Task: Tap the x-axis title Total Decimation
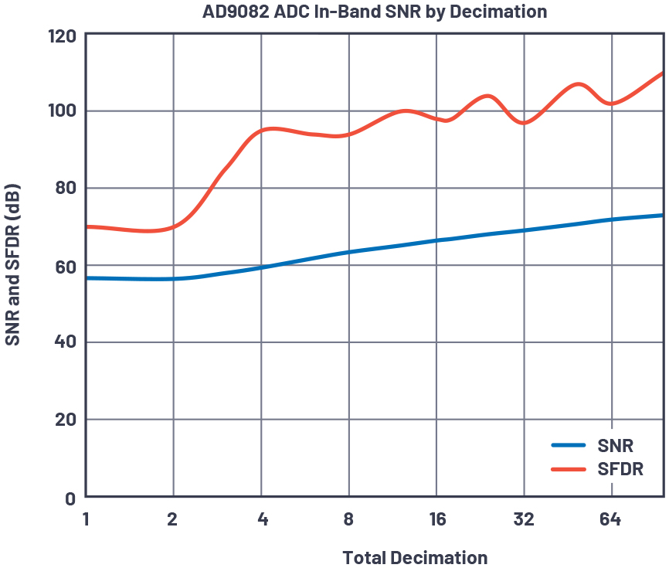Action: coord(415,557)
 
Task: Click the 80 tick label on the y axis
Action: coord(65,189)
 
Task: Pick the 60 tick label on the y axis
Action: coord(65,266)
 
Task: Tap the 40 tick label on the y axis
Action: coord(65,342)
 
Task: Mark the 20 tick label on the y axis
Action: coord(65,420)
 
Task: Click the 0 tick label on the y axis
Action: coord(70,498)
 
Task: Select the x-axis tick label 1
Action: coord(86,519)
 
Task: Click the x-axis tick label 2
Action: coord(173,519)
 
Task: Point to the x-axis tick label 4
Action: coord(262,519)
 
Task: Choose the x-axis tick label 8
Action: coord(349,519)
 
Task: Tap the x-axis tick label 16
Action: coord(437,519)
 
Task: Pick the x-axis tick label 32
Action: coord(525,519)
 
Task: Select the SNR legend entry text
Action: coord(616,446)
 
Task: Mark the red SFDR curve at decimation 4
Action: coord(261,131)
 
